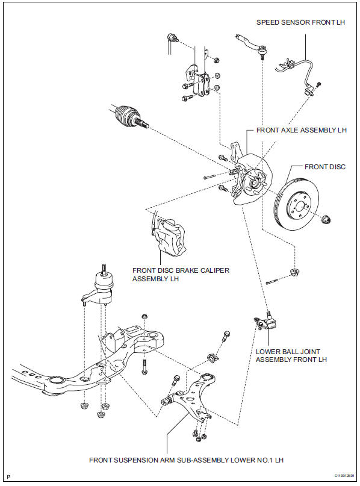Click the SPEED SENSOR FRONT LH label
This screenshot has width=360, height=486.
click(300, 22)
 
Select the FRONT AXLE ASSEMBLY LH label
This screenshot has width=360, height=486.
click(301, 130)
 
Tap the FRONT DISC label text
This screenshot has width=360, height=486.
click(325, 167)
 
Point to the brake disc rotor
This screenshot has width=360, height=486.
click(297, 205)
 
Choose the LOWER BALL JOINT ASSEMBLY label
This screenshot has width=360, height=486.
click(291, 355)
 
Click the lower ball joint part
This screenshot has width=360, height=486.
click(265, 322)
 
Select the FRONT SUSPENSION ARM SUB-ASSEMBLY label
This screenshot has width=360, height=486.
click(186, 460)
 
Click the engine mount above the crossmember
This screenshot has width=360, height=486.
click(99, 287)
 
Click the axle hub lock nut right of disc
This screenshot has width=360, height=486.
click(326, 219)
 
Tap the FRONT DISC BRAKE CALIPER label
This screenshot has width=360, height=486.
click(181, 274)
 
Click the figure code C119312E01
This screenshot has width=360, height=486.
click(344, 476)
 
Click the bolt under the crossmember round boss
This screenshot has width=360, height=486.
click(144, 367)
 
